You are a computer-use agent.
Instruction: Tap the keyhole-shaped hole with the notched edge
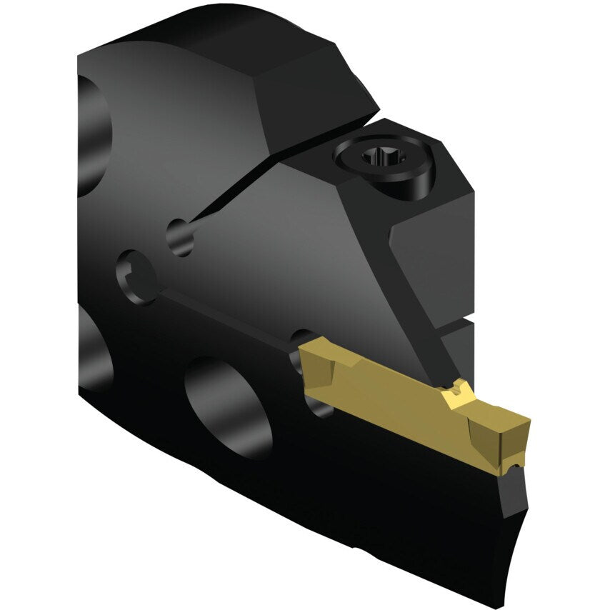[x=136, y=275]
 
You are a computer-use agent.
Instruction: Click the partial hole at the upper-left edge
[x=89, y=136]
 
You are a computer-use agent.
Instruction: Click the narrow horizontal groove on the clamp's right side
[x=457, y=326]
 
